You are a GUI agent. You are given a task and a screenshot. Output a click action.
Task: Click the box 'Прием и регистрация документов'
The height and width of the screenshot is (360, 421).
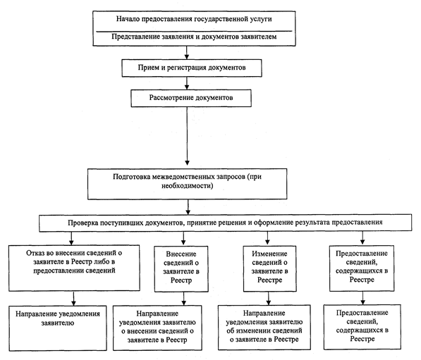(x=192, y=68)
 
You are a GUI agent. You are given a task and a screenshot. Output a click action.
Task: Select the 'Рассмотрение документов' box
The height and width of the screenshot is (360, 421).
(x=191, y=98)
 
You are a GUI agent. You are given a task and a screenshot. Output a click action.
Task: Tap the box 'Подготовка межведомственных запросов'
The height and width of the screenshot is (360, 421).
(x=187, y=184)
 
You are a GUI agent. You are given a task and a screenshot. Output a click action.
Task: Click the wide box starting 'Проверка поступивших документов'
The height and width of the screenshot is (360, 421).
(x=225, y=223)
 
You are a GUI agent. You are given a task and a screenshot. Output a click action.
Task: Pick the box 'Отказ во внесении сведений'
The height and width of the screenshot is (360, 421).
(x=74, y=268)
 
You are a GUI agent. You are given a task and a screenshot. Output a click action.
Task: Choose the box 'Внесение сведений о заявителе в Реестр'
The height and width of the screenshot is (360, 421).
(x=181, y=269)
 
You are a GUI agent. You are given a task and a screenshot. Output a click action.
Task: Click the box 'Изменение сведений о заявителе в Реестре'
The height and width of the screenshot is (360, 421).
(x=270, y=268)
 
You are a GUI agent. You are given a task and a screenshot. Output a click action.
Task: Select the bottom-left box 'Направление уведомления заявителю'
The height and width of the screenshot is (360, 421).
(x=58, y=328)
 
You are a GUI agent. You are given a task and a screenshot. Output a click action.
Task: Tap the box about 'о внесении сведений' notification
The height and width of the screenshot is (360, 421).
(x=157, y=328)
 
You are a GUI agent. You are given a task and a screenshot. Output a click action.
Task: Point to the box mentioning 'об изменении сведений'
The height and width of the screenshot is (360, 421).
(x=264, y=328)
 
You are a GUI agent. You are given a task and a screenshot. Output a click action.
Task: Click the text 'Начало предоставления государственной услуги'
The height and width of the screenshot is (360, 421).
(x=194, y=19)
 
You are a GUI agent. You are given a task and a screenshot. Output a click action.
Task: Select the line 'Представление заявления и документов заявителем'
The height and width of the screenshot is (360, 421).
(x=194, y=37)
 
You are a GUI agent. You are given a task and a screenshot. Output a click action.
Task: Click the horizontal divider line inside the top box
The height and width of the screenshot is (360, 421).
(x=194, y=32)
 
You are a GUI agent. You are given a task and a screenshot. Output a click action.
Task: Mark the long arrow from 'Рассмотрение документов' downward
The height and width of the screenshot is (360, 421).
(x=187, y=136)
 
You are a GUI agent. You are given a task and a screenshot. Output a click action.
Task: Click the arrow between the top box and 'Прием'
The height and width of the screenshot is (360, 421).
(x=187, y=53)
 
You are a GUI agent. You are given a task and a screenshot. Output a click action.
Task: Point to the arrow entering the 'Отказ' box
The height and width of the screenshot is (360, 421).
(x=71, y=238)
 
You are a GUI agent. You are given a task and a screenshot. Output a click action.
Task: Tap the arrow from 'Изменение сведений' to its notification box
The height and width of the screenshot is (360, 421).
(x=269, y=298)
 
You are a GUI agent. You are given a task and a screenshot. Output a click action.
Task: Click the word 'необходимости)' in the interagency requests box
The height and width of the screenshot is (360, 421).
(x=187, y=185)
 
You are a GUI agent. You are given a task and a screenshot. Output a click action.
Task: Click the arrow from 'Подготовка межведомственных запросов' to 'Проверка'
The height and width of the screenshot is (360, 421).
(x=188, y=207)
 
